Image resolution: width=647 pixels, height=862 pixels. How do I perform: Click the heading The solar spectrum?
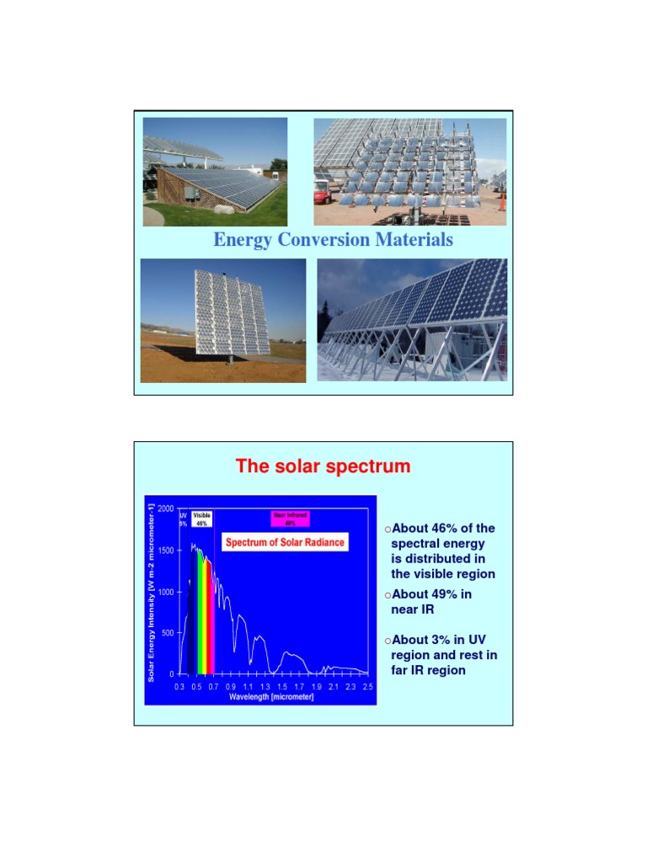[x=323, y=466]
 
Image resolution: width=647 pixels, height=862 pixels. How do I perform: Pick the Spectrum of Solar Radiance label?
[x=285, y=542]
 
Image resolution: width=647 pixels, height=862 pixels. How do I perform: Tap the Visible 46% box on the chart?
[x=201, y=519]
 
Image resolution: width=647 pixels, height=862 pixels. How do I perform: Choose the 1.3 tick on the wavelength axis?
[x=265, y=688]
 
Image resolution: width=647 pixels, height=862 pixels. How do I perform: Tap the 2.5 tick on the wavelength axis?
[x=367, y=688]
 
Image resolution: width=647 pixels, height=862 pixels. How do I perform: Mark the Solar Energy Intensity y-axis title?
[x=152, y=589]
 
